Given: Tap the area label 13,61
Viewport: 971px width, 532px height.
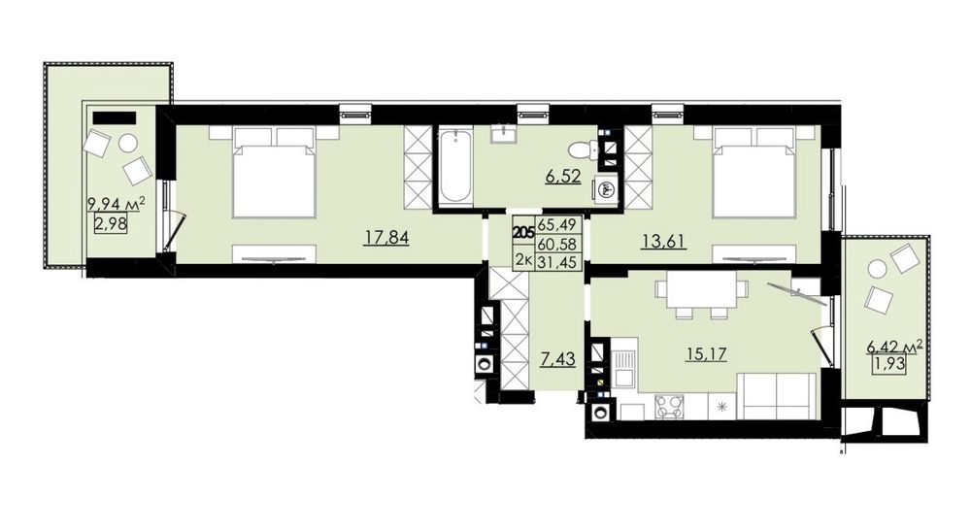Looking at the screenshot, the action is click(x=663, y=241).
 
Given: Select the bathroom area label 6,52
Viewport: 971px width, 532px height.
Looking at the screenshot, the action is click(x=563, y=176).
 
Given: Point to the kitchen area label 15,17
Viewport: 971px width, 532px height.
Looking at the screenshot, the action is click(x=705, y=354).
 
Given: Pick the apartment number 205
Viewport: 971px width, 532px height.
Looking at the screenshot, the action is click(x=524, y=233).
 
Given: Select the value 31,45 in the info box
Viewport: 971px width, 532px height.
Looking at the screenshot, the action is click(x=558, y=262).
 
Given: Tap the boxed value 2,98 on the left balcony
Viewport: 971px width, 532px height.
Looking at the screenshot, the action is click(x=111, y=222).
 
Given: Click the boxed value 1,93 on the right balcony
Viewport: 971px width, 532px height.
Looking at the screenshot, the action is click(x=889, y=365).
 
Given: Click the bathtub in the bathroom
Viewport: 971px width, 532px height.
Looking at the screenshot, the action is click(x=455, y=166).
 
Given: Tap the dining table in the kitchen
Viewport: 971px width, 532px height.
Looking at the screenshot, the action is click(x=701, y=290).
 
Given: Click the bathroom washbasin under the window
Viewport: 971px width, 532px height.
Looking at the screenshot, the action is click(x=507, y=134).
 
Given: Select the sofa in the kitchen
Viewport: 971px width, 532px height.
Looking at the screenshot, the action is click(x=778, y=396).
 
